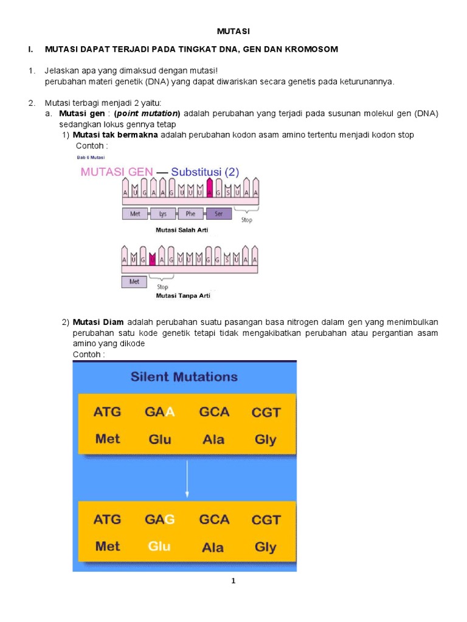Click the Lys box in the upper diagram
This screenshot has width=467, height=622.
[162, 214]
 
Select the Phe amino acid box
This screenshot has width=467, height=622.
[190, 214]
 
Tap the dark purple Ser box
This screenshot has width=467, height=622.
[218, 214]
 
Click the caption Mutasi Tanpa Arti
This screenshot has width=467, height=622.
[183, 296]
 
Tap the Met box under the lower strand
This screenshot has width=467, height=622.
[134, 282]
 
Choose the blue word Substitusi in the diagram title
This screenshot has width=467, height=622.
[196, 172]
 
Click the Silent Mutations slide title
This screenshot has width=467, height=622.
[184, 377]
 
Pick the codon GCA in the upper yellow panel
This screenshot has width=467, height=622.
[214, 412]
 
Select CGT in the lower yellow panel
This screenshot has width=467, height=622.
[266, 520]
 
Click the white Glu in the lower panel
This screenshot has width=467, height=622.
[159, 547]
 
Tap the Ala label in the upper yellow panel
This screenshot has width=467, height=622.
[213, 439]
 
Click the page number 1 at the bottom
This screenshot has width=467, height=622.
[233, 581]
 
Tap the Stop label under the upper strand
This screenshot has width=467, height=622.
[247, 220]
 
